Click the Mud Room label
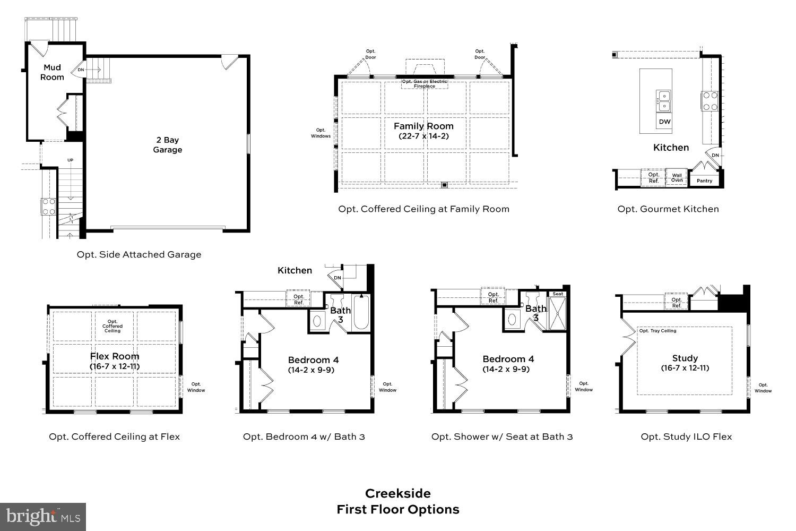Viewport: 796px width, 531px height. [x=52, y=72]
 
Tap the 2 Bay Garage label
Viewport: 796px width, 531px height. [x=168, y=145]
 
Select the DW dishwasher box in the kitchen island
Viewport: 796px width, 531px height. [x=664, y=122]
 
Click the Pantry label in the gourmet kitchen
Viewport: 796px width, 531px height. [x=704, y=181]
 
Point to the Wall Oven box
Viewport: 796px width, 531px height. [x=677, y=177]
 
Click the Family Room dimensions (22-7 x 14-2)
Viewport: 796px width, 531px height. [x=423, y=136]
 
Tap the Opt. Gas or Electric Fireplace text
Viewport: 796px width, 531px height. [x=425, y=84]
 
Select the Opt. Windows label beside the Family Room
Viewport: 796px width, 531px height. [x=321, y=133]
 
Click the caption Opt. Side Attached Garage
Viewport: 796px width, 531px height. [x=139, y=254]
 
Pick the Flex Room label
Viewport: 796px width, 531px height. [x=115, y=356]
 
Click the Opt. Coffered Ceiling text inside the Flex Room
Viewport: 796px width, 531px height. [x=113, y=326]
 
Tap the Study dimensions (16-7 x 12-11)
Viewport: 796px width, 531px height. [x=685, y=368]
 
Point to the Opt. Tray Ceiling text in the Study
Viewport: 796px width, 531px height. [x=657, y=331]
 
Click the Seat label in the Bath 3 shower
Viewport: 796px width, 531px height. [x=558, y=294]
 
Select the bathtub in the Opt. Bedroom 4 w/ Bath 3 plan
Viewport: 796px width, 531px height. [x=360, y=314]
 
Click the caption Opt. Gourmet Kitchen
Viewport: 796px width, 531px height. [x=668, y=209]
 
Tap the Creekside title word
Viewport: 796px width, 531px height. [x=397, y=493]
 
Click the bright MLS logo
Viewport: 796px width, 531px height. [x=43, y=516]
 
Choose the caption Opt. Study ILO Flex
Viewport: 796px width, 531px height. [x=686, y=436]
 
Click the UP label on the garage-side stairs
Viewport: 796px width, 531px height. [x=70, y=160]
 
